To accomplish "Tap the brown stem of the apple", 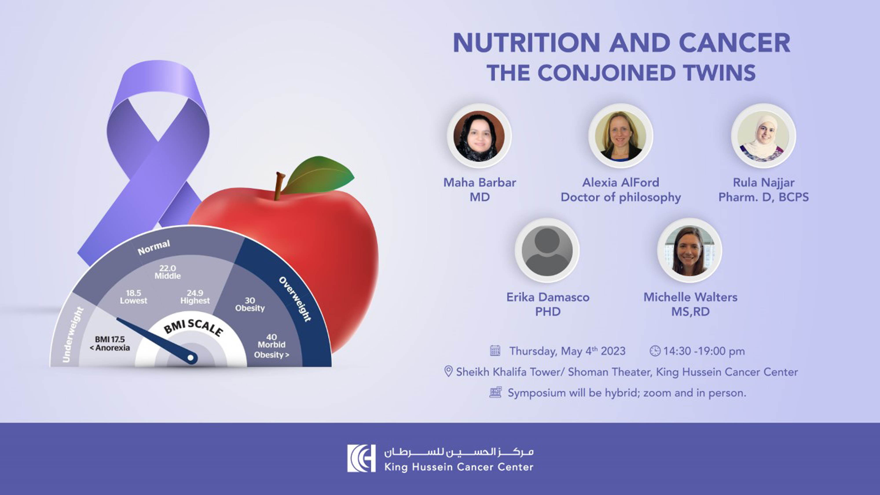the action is tap(279, 185).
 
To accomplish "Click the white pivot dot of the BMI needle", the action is tap(191, 358).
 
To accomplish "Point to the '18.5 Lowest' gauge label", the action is tap(133, 297).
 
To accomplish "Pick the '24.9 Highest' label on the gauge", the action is tap(195, 297).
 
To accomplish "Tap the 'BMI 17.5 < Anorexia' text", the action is tap(110, 344).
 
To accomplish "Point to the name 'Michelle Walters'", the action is tap(690, 297).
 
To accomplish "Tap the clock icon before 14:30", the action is tap(655, 351).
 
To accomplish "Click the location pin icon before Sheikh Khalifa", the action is tap(448, 371).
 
